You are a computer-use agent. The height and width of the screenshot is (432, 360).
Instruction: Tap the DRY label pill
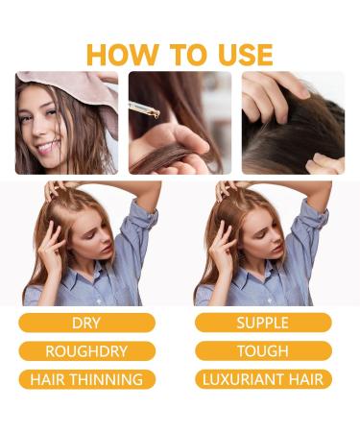coord(86,323)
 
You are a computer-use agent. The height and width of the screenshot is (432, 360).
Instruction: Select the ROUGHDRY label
coord(86,350)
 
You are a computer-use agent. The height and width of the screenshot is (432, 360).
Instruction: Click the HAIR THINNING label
coord(86,378)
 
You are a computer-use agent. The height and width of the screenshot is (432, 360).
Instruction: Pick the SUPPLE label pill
coord(263,323)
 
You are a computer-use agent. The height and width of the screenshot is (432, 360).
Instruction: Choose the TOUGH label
coord(263,350)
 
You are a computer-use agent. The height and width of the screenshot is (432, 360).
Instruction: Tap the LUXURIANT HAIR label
coord(263,378)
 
